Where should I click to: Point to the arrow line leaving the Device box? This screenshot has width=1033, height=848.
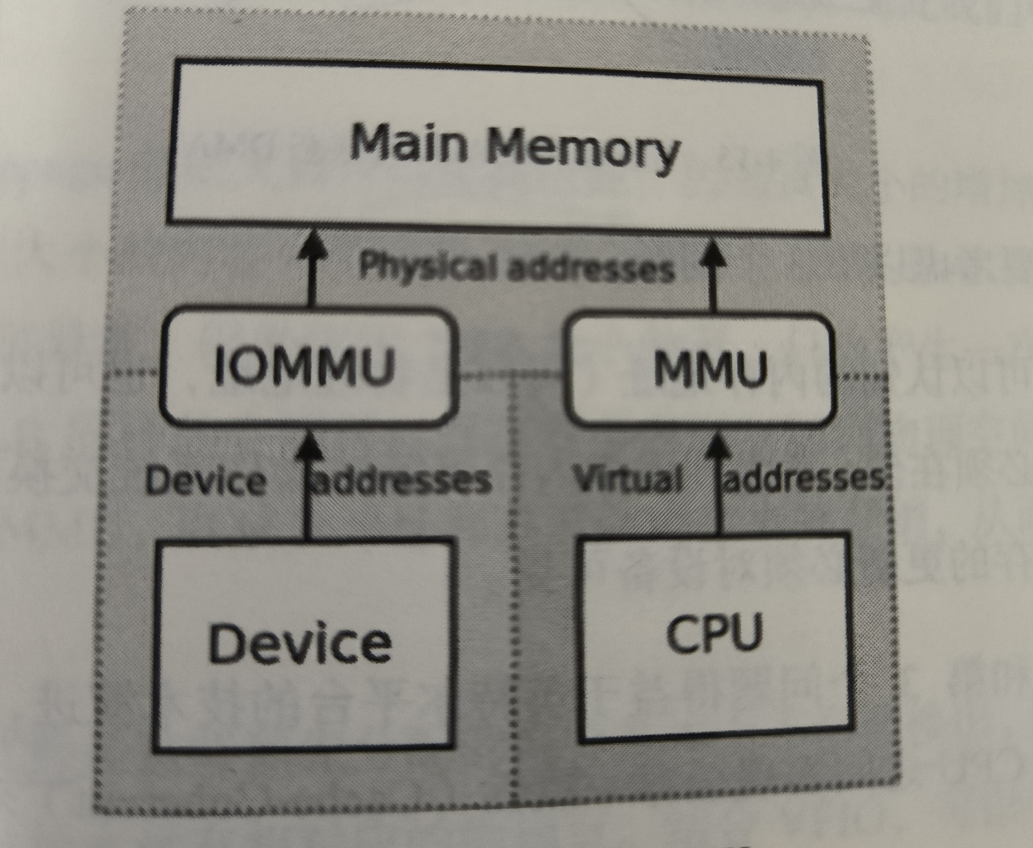click(307, 508)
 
